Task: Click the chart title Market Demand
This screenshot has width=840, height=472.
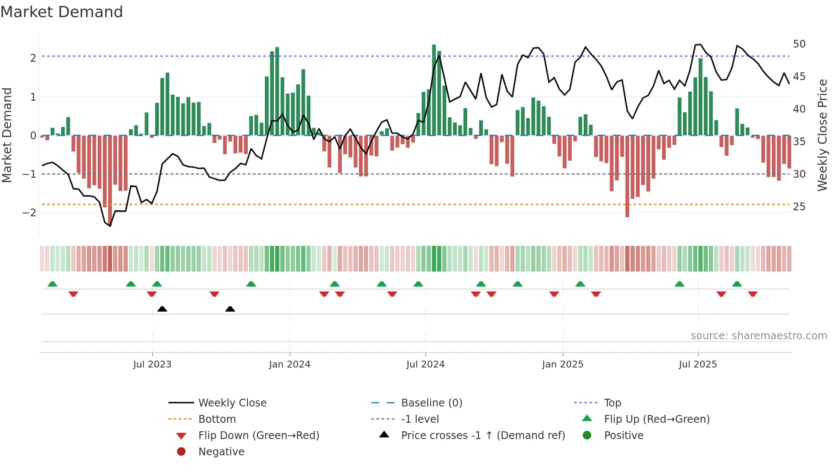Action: click(x=62, y=12)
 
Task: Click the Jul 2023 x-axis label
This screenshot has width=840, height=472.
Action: click(x=152, y=364)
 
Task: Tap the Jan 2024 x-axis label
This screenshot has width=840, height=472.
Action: click(x=290, y=364)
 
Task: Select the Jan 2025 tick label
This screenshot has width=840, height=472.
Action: click(x=563, y=364)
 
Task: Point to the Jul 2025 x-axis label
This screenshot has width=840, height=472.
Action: click(x=698, y=364)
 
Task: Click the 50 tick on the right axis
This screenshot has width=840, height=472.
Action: click(x=799, y=44)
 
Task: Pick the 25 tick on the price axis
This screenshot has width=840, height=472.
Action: click(x=799, y=207)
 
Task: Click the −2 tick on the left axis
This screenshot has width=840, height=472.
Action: click(x=29, y=213)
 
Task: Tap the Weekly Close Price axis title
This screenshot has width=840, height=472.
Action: click(x=822, y=135)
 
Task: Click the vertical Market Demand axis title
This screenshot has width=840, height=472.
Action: click(x=7, y=135)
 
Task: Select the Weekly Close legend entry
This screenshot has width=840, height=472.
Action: click(x=232, y=403)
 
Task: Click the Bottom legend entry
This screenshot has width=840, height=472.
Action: click(x=217, y=419)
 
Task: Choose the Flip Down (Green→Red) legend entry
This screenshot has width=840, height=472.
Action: click(x=258, y=436)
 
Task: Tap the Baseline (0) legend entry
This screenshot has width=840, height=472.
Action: click(x=432, y=403)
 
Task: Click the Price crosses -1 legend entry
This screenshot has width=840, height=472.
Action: click(x=483, y=436)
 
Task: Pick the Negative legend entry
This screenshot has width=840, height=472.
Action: click(x=221, y=452)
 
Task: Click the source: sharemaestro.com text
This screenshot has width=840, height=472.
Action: click(x=759, y=336)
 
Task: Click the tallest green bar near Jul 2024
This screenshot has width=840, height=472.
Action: click(x=434, y=90)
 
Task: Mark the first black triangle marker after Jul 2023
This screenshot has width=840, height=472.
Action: click(x=162, y=309)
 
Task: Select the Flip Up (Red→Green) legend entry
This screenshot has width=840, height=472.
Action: click(x=657, y=419)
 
